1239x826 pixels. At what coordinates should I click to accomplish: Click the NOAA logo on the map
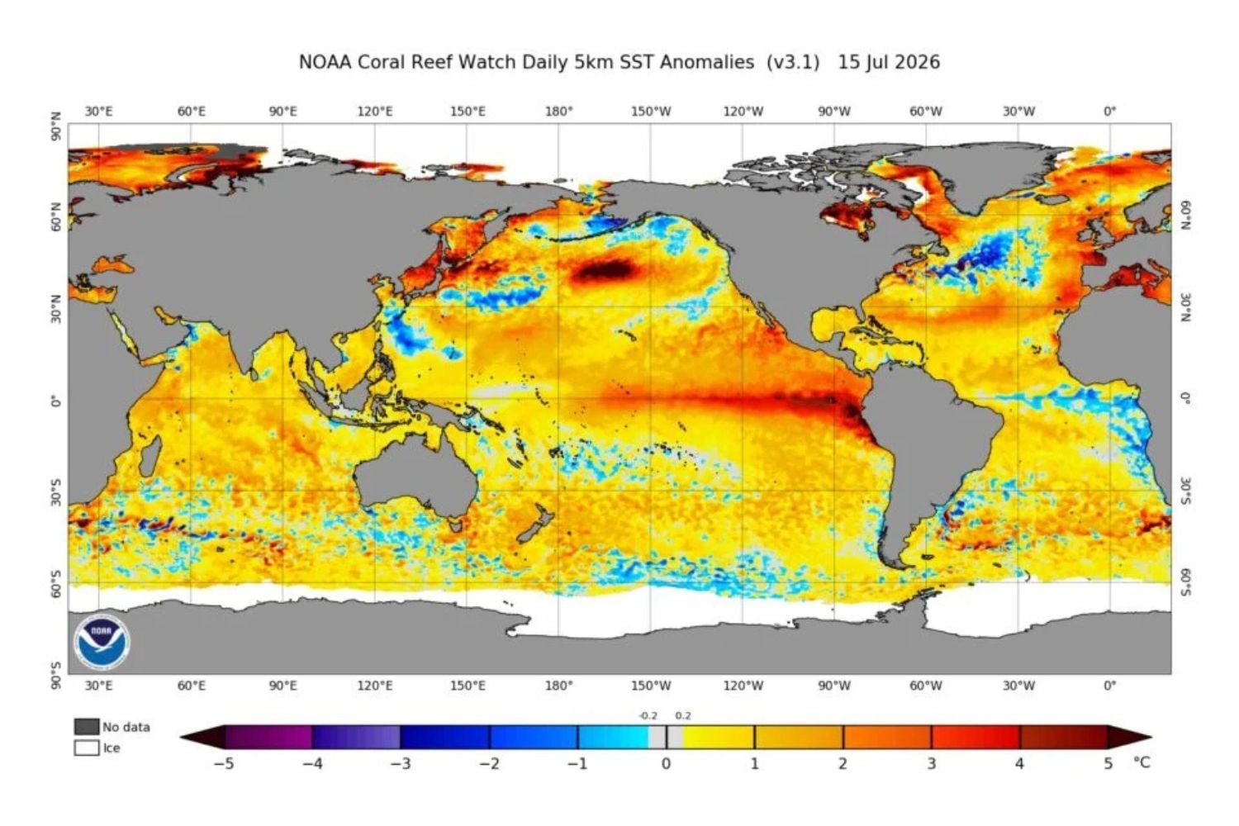(102, 643)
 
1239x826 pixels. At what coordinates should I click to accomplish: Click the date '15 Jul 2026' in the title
(889, 62)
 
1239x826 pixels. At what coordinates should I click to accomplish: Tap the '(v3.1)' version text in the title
(793, 62)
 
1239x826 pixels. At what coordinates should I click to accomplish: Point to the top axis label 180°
(558, 112)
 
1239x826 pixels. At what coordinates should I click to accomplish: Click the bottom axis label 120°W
(743, 686)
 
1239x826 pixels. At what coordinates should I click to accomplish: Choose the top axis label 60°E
(192, 112)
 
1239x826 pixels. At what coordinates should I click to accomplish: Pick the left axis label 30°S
(56, 491)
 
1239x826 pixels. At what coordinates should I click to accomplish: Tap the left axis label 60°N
(56, 217)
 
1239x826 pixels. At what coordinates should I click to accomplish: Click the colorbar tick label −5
(224, 764)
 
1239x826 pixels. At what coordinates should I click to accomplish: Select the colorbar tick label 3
(932, 764)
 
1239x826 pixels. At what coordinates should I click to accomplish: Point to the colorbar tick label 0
(666, 764)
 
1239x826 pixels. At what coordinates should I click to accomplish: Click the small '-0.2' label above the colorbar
(648, 716)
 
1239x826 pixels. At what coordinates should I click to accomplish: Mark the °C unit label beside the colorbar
(1142, 763)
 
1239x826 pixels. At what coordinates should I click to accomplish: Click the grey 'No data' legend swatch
(86, 726)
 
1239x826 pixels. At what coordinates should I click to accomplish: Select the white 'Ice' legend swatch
(86, 748)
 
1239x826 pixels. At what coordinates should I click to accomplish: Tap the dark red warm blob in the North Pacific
(601, 271)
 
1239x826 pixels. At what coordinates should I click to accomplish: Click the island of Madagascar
(150, 456)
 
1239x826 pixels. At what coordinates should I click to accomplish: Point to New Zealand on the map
(534, 522)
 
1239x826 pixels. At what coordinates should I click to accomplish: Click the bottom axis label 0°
(1109, 686)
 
